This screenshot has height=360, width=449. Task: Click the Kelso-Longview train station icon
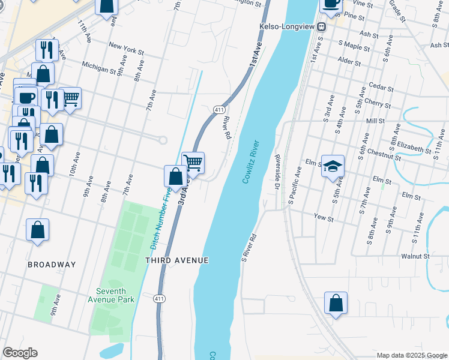(x=322, y=26)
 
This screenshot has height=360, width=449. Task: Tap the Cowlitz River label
(x=251, y=162)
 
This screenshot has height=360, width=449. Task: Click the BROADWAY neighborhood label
(x=52, y=265)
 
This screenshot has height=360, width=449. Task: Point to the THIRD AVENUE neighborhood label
(x=177, y=260)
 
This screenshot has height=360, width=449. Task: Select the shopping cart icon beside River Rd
(x=193, y=163)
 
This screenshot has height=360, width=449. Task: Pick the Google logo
(x=20, y=353)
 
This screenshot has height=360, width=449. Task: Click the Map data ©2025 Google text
(x=411, y=355)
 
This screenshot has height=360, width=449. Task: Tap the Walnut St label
(x=416, y=256)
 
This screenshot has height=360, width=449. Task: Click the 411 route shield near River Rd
(x=219, y=109)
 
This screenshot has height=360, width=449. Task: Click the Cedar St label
(x=382, y=88)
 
